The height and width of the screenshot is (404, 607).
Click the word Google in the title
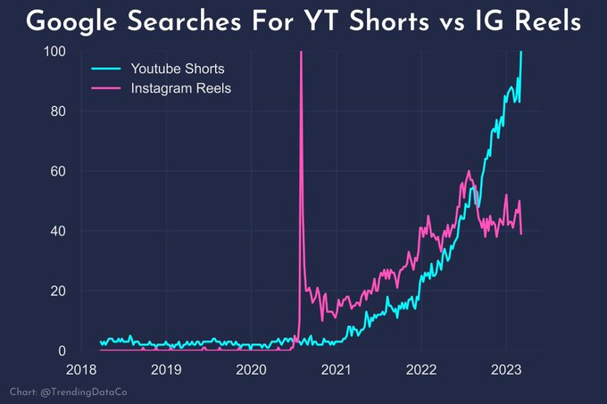pyautogui.click(x=81, y=22)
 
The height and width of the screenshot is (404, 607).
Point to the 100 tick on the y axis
pyautogui.click(x=55, y=52)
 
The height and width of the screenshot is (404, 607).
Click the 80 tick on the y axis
pyautogui.click(x=59, y=111)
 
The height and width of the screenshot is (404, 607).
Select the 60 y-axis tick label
pyautogui.click(x=59, y=171)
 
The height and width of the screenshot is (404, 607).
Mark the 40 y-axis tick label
pyautogui.click(x=59, y=231)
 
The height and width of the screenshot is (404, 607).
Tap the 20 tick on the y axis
pyautogui.click(x=59, y=291)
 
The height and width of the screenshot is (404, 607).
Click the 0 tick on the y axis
pyautogui.click(x=62, y=350)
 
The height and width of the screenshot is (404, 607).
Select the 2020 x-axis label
pyautogui.click(x=251, y=369)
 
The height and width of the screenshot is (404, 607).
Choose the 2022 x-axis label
pyautogui.click(x=421, y=369)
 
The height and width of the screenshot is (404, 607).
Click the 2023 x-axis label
pyautogui.click(x=506, y=369)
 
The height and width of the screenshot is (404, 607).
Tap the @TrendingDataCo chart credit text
pyautogui.click(x=69, y=392)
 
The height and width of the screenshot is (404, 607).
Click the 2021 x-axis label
pyautogui.click(x=336, y=369)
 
